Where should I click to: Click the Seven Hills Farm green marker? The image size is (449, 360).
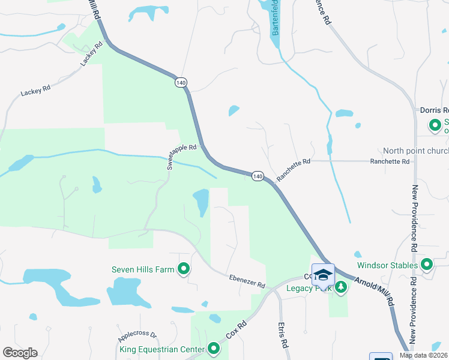pyautogui.click(x=184, y=269)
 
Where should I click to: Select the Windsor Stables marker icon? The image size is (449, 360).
pyautogui.click(x=427, y=265)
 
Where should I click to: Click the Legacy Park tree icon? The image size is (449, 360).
pyautogui.click(x=341, y=288)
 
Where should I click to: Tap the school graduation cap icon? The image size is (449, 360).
pyautogui.click(x=323, y=275)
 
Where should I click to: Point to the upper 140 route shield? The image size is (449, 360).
pyautogui.click(x=180, y=82)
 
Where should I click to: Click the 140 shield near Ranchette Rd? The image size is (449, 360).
pyautogui.click(x=258, y=176)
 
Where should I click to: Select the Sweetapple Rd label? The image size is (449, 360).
pyautogui.click(x=182, y=156)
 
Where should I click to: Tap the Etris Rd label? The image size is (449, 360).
pyautogui.click(x=281, y=335)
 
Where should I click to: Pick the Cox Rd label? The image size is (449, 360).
pyautogui.click(x=236, y=332)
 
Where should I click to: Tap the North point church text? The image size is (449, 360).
pyautogui.click(x=415, y=151)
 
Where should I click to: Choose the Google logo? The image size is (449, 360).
pyautogui.click(x=20, y=353)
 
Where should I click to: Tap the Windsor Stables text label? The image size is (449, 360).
pyautogui.click(x=387, y=265)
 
